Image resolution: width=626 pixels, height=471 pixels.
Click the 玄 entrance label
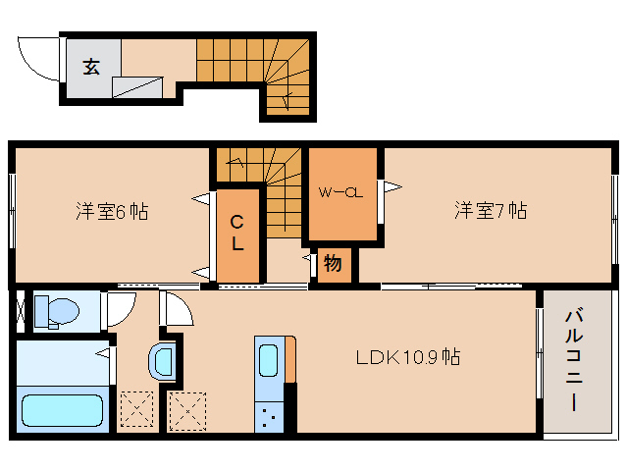coord(90,67)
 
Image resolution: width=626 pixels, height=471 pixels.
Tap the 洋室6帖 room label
coord(112,211)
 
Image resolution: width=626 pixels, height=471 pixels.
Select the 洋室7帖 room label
coord(490,210)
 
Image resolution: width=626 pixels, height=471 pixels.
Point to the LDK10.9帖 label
coord(407,357)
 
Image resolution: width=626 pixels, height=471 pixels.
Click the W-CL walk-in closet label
coord(339,192)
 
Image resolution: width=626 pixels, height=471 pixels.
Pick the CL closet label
coord(237,234)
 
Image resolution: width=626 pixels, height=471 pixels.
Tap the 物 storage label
coord(332,263)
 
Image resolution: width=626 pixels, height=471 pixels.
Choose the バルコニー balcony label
coord(575,361)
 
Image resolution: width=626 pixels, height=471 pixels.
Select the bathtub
coord(61,410)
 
